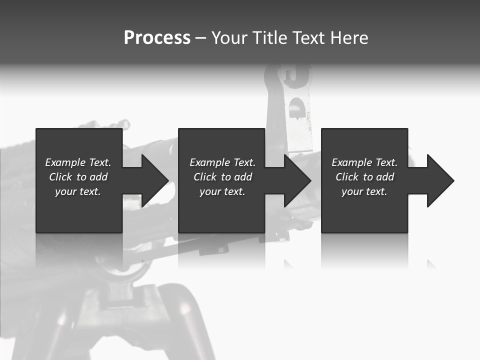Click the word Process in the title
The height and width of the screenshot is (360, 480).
click(157, 38)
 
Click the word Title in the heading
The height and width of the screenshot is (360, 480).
click(269, 38)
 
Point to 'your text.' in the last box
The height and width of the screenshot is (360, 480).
click(364, 191)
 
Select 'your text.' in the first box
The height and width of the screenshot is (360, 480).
click(78, 191)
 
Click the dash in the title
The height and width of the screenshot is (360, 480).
click(201, 38)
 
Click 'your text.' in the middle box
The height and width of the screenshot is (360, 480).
click(222, 191)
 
